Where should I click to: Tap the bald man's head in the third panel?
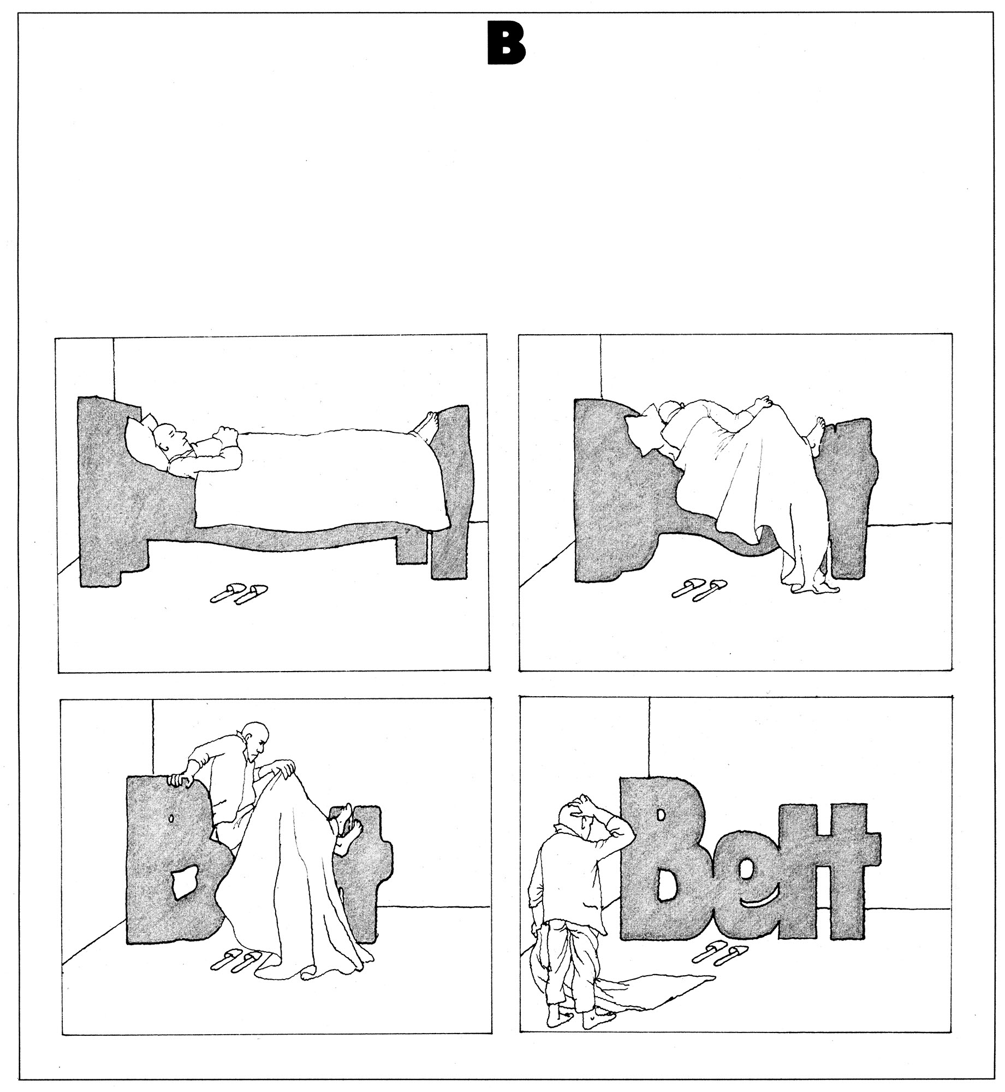(x=257, y=738)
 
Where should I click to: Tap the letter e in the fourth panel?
(x=748, y=884)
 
